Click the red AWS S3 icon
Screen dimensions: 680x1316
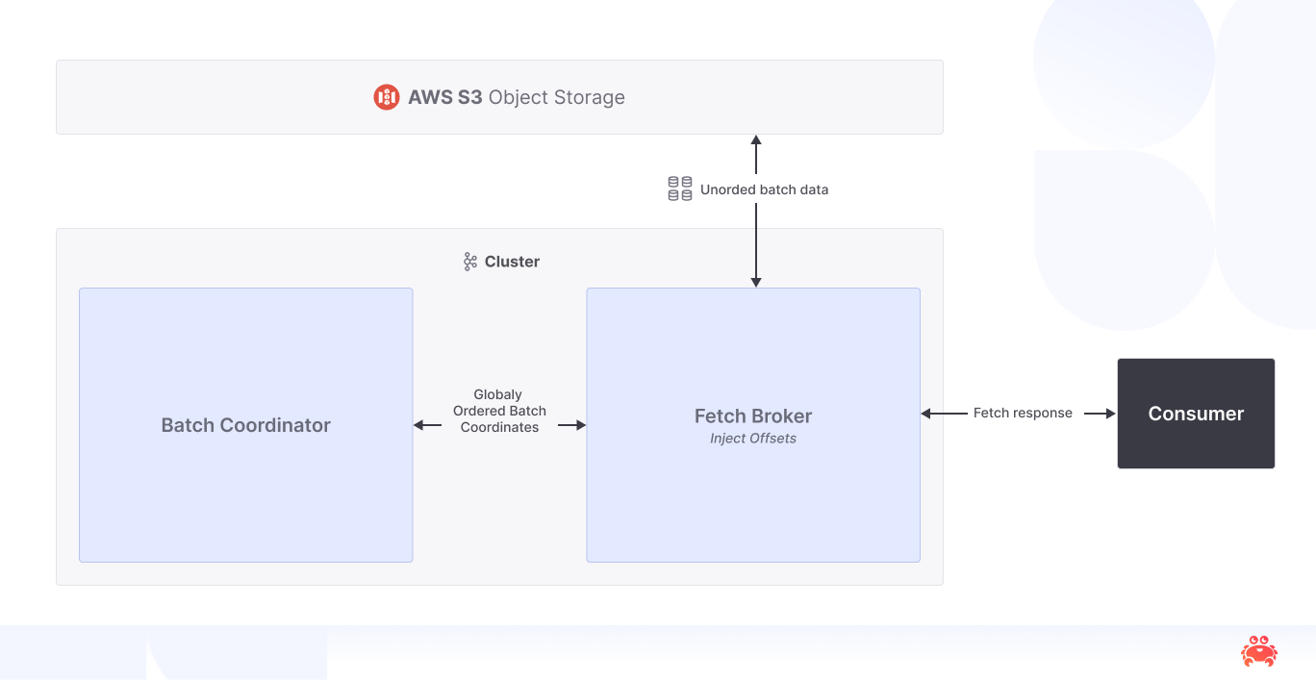[386, 97]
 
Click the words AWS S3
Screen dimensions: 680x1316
[444, 97]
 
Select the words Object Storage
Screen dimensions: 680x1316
[557, 97]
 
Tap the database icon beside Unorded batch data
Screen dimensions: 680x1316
[680, 189]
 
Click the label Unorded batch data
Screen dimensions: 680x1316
[764, 189]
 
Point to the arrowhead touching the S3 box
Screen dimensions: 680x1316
[756, 140]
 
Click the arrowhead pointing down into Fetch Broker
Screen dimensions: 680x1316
[756, 282]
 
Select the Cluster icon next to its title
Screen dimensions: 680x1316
[470, 262]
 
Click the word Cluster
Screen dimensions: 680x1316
[512, 262]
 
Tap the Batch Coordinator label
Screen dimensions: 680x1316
[245, 425]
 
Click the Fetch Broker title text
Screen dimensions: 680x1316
[753, 416]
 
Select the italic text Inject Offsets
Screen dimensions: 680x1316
[753, 439]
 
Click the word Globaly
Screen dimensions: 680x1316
[498, 394]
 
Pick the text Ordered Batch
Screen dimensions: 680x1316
[499, 411]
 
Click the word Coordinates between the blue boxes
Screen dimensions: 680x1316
[499, 427]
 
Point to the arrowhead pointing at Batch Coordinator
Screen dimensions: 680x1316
[419, 425]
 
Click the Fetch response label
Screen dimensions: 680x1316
[1023, 414]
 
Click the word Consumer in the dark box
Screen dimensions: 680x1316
[1196, 414]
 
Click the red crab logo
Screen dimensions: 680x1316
[1258, 651]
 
